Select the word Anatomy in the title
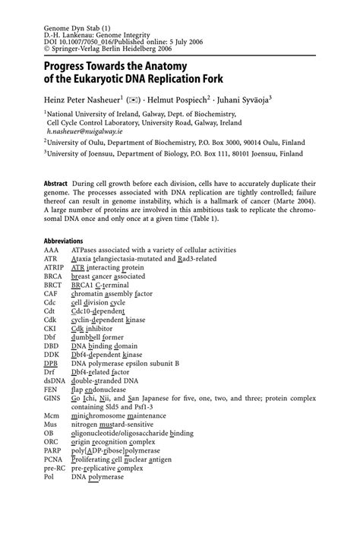(x=165, y=66)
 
